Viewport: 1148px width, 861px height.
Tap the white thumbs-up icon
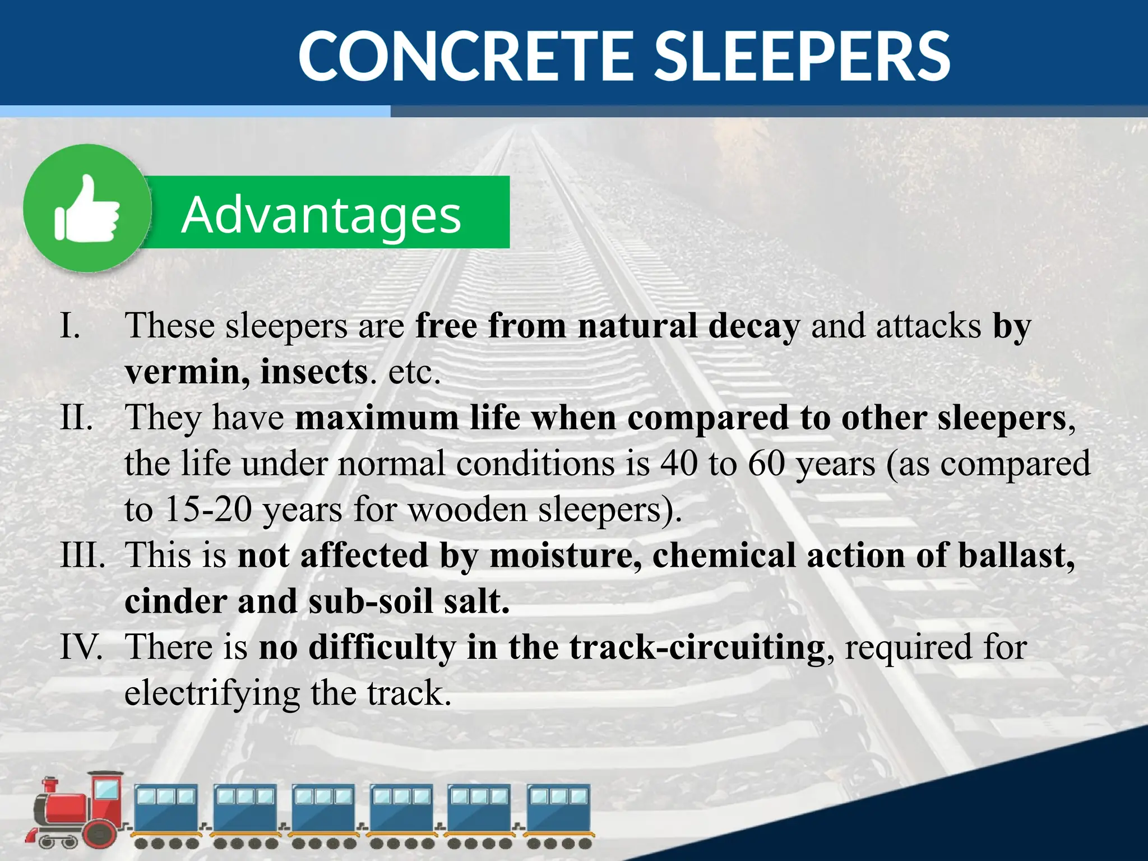pos(87,209)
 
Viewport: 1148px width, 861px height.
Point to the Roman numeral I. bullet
pos(70,325)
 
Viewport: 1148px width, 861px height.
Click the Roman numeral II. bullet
pos(76,418)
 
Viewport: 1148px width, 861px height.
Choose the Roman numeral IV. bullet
pos(81,647)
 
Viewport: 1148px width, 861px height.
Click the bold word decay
pos(753,326)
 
